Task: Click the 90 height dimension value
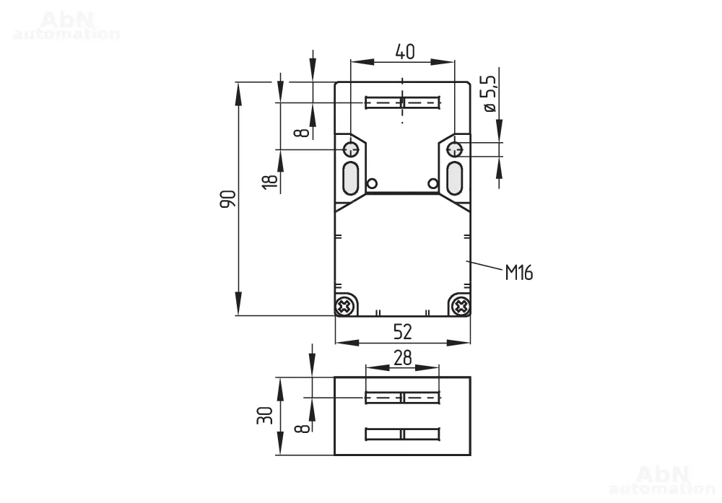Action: point(228,198)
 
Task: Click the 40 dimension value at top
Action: point(405,52)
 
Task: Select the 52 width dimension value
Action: point(403,332)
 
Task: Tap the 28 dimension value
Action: point(403,357)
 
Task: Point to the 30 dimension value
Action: point(265,416)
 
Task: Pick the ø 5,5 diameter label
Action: point(489,94)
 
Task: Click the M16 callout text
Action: point(519,273)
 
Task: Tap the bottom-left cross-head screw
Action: point(345,305)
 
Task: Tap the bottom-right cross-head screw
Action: point(461,305)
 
